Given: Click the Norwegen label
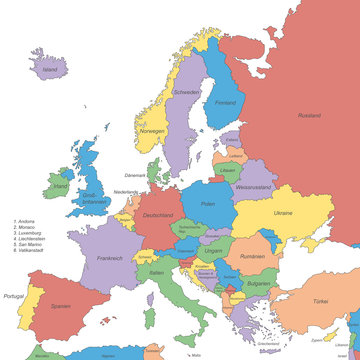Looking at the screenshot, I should [x=151, y=131].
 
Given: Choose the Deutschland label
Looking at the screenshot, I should [x=158, y=215].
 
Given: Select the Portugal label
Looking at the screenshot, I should [x=14, y=296].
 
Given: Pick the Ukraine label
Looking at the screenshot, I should [x=283, y=213].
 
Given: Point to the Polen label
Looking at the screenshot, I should [x=208, y=203].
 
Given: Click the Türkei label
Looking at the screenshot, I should [x=320, y=301].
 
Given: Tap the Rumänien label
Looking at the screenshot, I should [x=252, y=257].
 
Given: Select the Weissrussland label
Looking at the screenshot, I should [x=254, y=186].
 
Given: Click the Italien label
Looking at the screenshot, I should [x=156, y=272].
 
